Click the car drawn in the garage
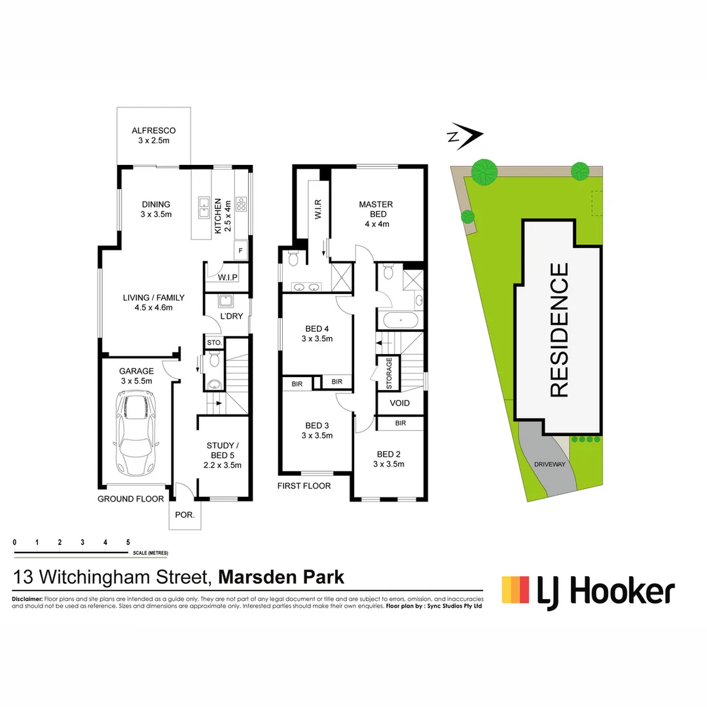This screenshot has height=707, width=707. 135,434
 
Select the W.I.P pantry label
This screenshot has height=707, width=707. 227,278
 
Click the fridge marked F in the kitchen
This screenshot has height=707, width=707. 241,251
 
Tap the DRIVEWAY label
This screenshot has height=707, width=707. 549,464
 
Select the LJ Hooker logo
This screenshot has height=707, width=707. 587,592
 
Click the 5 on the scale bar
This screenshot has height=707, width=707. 128,543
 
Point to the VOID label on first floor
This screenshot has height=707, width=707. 399,403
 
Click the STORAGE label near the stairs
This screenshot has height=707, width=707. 389,372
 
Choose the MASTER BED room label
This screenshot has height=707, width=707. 374,214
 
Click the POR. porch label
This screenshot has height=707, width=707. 185,515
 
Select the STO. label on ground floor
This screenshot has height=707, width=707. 214,342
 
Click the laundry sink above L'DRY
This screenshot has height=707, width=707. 226,301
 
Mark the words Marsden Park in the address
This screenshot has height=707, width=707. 281,577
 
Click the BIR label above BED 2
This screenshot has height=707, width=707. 400,424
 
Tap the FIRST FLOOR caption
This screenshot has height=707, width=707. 304,486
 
